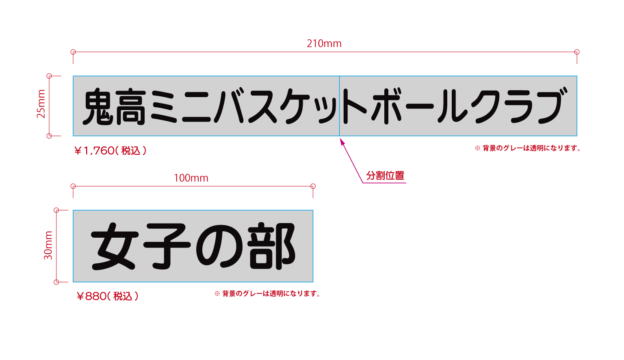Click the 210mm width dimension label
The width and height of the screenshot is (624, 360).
tap(324, 43)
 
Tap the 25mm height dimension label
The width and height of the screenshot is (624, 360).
tap(41, 104)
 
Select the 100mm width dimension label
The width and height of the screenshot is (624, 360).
tap(191, 178)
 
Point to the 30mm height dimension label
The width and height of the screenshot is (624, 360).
tap(48, 245)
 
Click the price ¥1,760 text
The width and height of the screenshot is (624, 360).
tap(110, 151)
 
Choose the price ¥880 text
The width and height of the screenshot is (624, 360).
tap(108, 296)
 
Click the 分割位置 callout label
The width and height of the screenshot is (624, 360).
tap(385, 176)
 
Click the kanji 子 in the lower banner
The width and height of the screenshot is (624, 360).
tap(167, 246)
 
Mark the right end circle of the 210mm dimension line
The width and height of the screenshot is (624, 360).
tap(577, 52)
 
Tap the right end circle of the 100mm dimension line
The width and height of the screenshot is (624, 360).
tap(313, 186)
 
